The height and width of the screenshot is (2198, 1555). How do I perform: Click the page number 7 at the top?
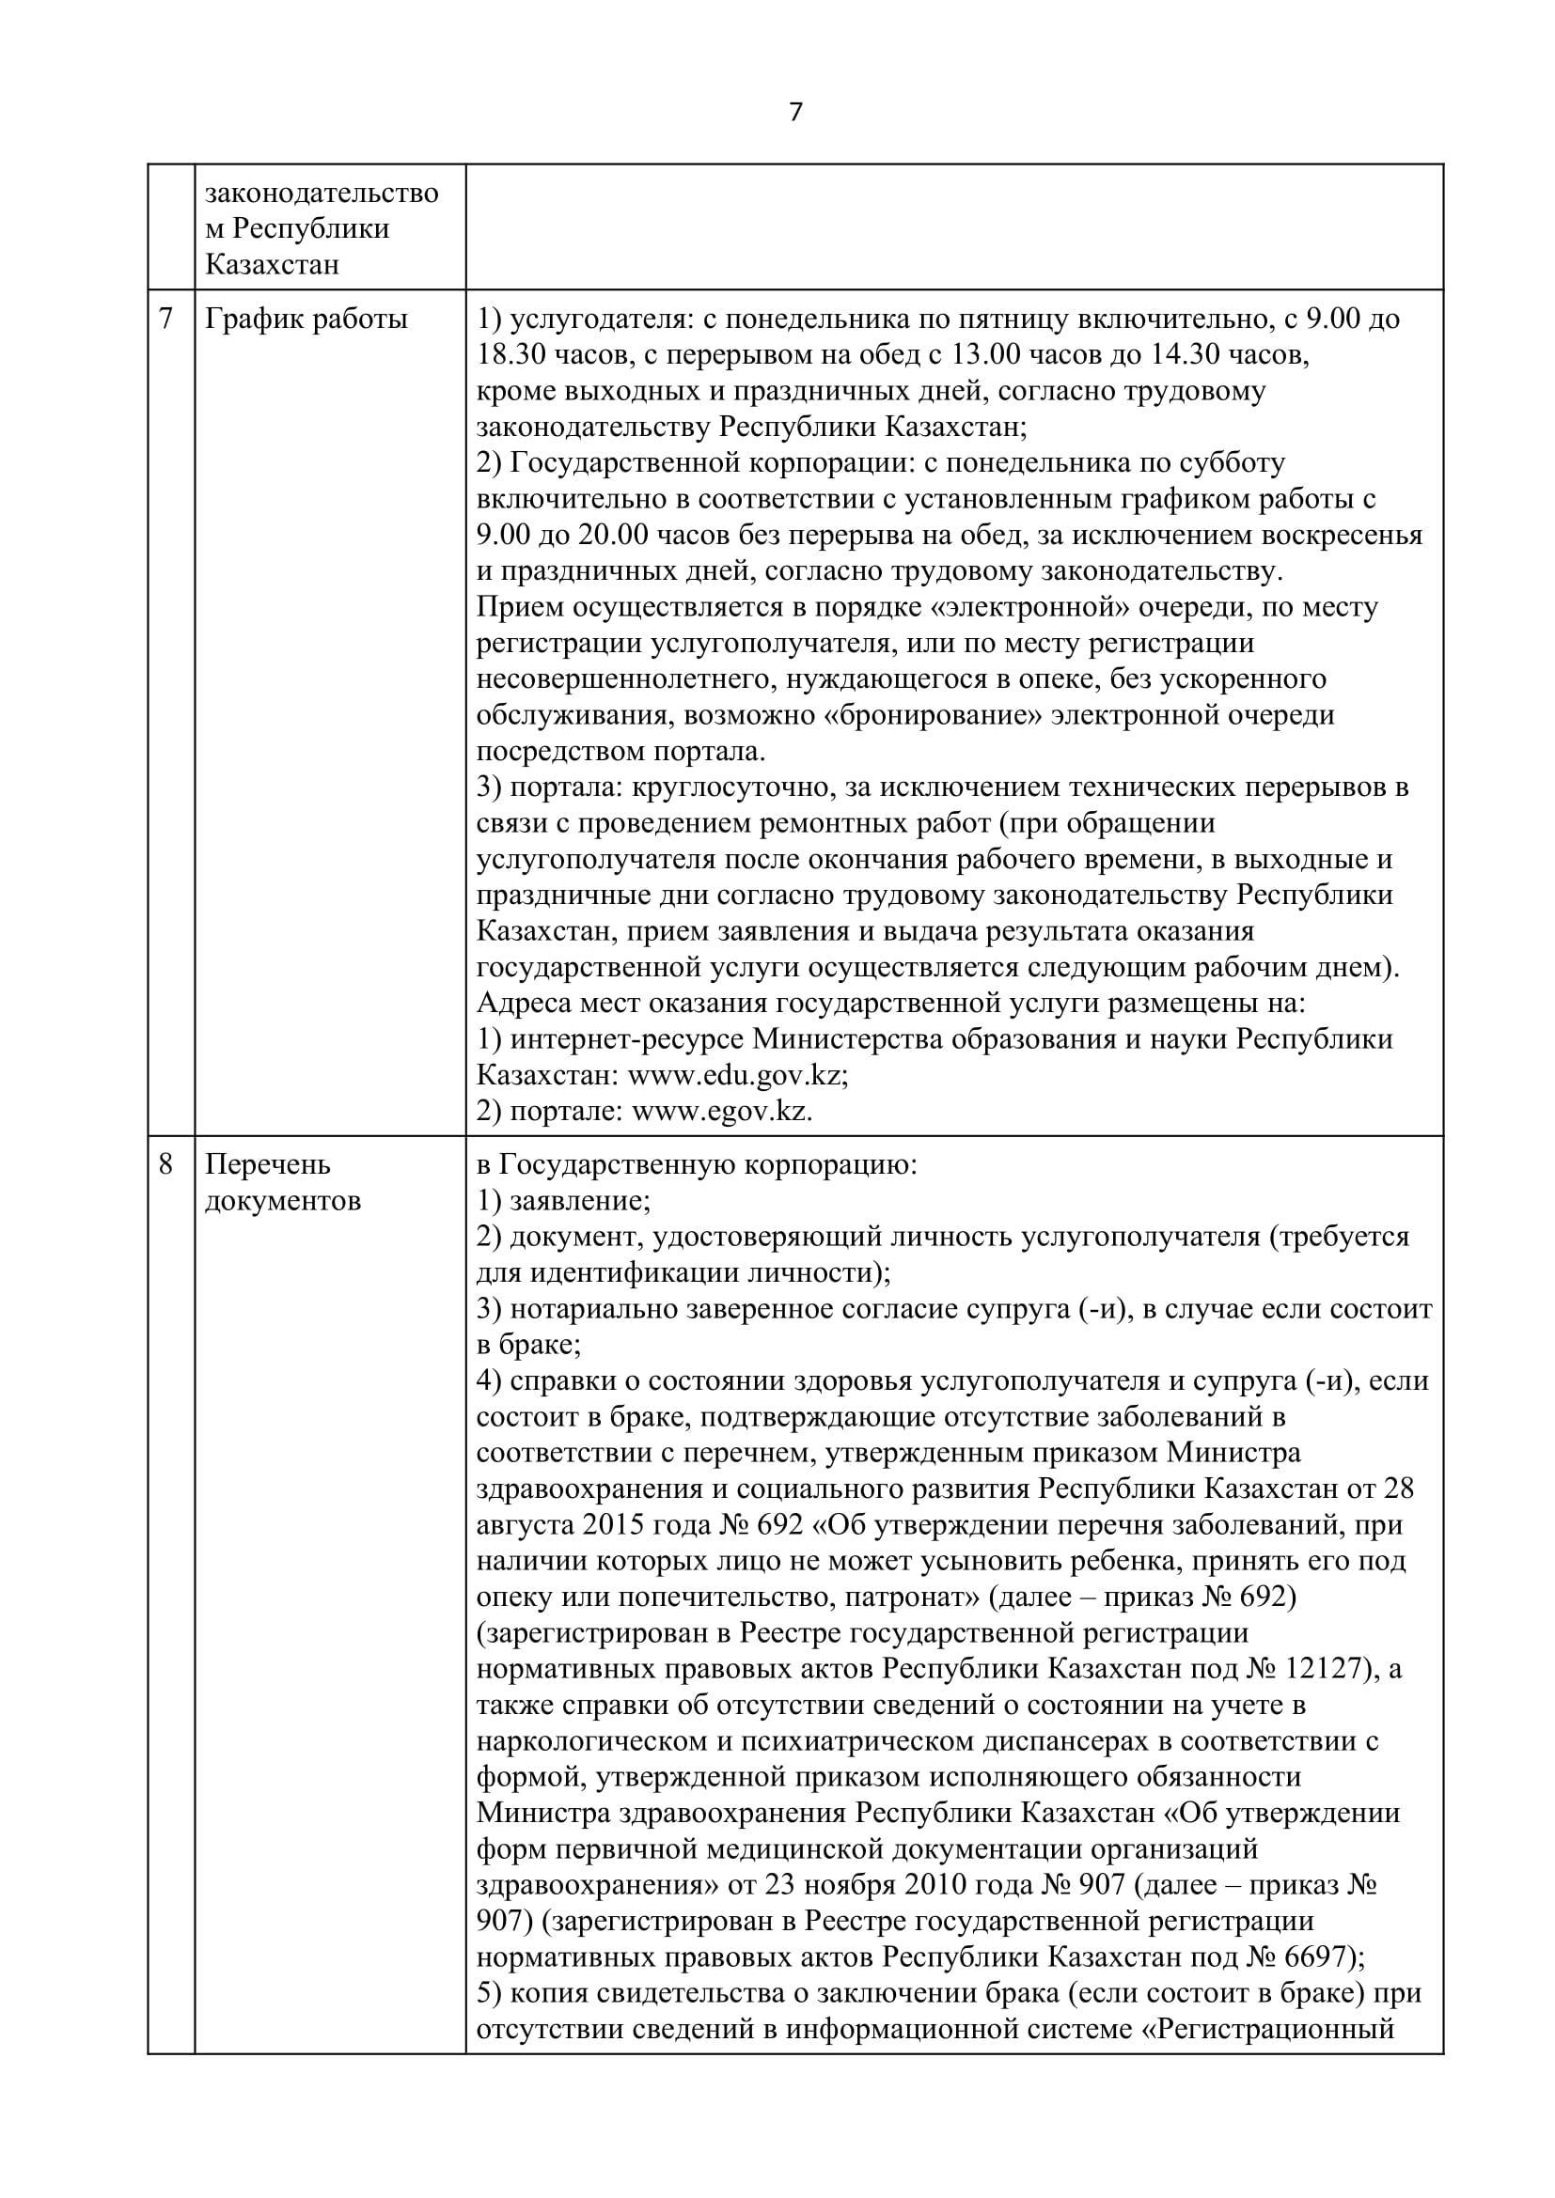coord(794,113)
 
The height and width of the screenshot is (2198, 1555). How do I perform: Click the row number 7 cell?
coord(166,319)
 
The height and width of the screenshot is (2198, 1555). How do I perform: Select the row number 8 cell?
coord(166,1165)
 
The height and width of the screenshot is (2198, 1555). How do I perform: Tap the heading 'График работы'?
coord(306,319)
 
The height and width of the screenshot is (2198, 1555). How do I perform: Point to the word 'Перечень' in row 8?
coord(268,1165)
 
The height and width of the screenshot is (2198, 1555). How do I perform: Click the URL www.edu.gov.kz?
coord(736,1075)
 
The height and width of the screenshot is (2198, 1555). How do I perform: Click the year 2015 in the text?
coord(626,1525)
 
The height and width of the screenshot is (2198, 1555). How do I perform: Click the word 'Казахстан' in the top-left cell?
coord(272,264)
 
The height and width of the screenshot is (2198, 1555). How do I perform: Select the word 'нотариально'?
coord(593,1309)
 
